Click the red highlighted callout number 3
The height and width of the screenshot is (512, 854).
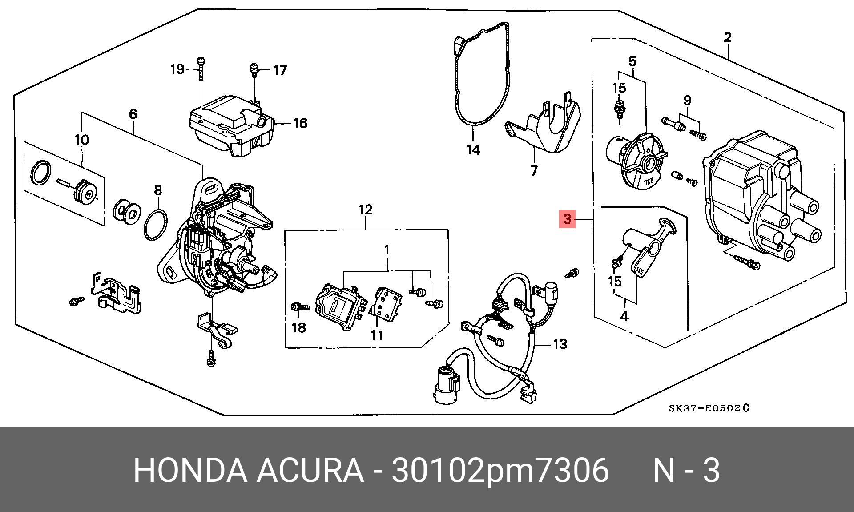point(567,219)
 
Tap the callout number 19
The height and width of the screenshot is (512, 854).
point(177,69)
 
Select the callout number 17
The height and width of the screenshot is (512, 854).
point(280,70)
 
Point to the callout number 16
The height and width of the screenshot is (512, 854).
point(300,123)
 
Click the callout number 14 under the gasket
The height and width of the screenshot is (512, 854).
point(473,149)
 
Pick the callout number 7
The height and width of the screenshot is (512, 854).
point(534,170)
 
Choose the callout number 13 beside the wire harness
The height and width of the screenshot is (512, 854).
point(560,344)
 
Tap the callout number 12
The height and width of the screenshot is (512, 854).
point(365,210)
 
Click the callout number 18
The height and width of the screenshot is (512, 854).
point(299,328)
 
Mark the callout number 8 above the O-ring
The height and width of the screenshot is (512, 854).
point(158,190)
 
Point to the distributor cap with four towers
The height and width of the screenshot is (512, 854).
point(756,196)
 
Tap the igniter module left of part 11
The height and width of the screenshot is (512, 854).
point(339,307)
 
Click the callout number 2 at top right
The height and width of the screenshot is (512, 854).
point(727,37)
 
